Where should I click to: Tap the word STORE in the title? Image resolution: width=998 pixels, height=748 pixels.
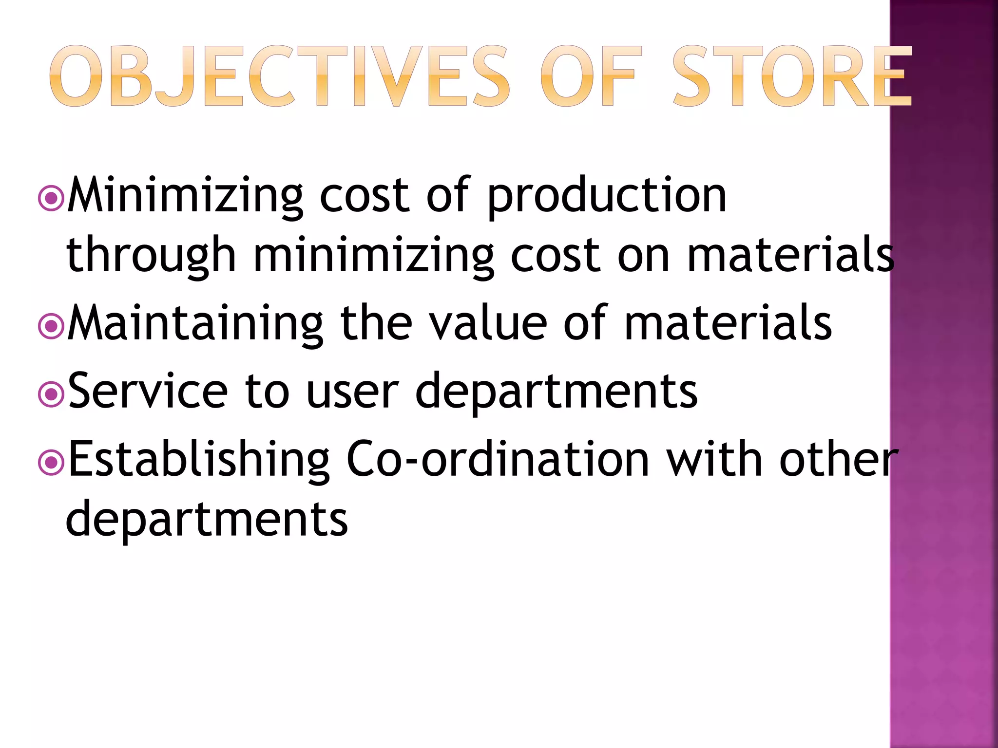pyautogui.click(x=792, y=76)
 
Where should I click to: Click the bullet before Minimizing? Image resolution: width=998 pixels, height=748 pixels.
pyautogui.click(x=51, y=199)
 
